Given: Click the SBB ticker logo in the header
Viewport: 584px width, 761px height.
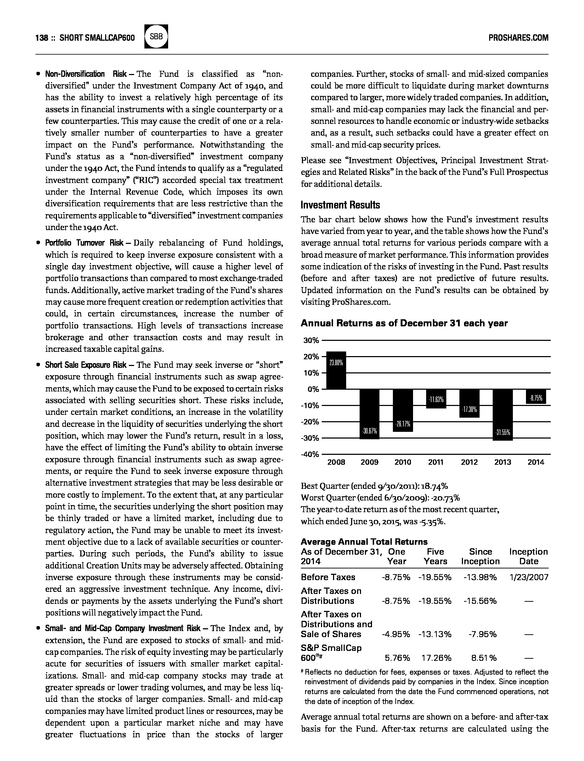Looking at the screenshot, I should (156, 37).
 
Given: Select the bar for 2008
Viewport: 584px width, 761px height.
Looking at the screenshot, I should (336, 370).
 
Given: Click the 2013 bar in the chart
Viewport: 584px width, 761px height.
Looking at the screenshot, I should (503, 414).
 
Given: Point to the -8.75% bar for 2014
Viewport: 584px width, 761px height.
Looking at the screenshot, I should (536, 397).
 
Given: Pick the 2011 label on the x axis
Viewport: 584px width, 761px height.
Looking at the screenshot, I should (436, 462).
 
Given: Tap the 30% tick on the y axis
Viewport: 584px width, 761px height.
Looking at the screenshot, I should (311, 341).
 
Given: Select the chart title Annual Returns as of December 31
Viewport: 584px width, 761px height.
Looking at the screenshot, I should (404, 323).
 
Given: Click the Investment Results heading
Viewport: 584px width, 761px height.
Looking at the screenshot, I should (340, 205).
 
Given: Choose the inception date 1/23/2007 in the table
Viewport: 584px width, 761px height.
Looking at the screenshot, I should (529, 577).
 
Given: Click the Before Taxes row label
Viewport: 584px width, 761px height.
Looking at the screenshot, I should (328, 577).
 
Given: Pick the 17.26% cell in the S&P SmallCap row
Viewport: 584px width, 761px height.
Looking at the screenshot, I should (436, 658).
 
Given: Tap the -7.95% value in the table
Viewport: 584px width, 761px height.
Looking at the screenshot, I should (482, 634).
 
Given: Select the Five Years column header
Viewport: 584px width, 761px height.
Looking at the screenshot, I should (435, 556).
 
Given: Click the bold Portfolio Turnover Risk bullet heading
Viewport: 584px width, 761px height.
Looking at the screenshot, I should (84, 243).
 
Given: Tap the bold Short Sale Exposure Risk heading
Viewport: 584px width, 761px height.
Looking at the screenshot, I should (86, 365).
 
